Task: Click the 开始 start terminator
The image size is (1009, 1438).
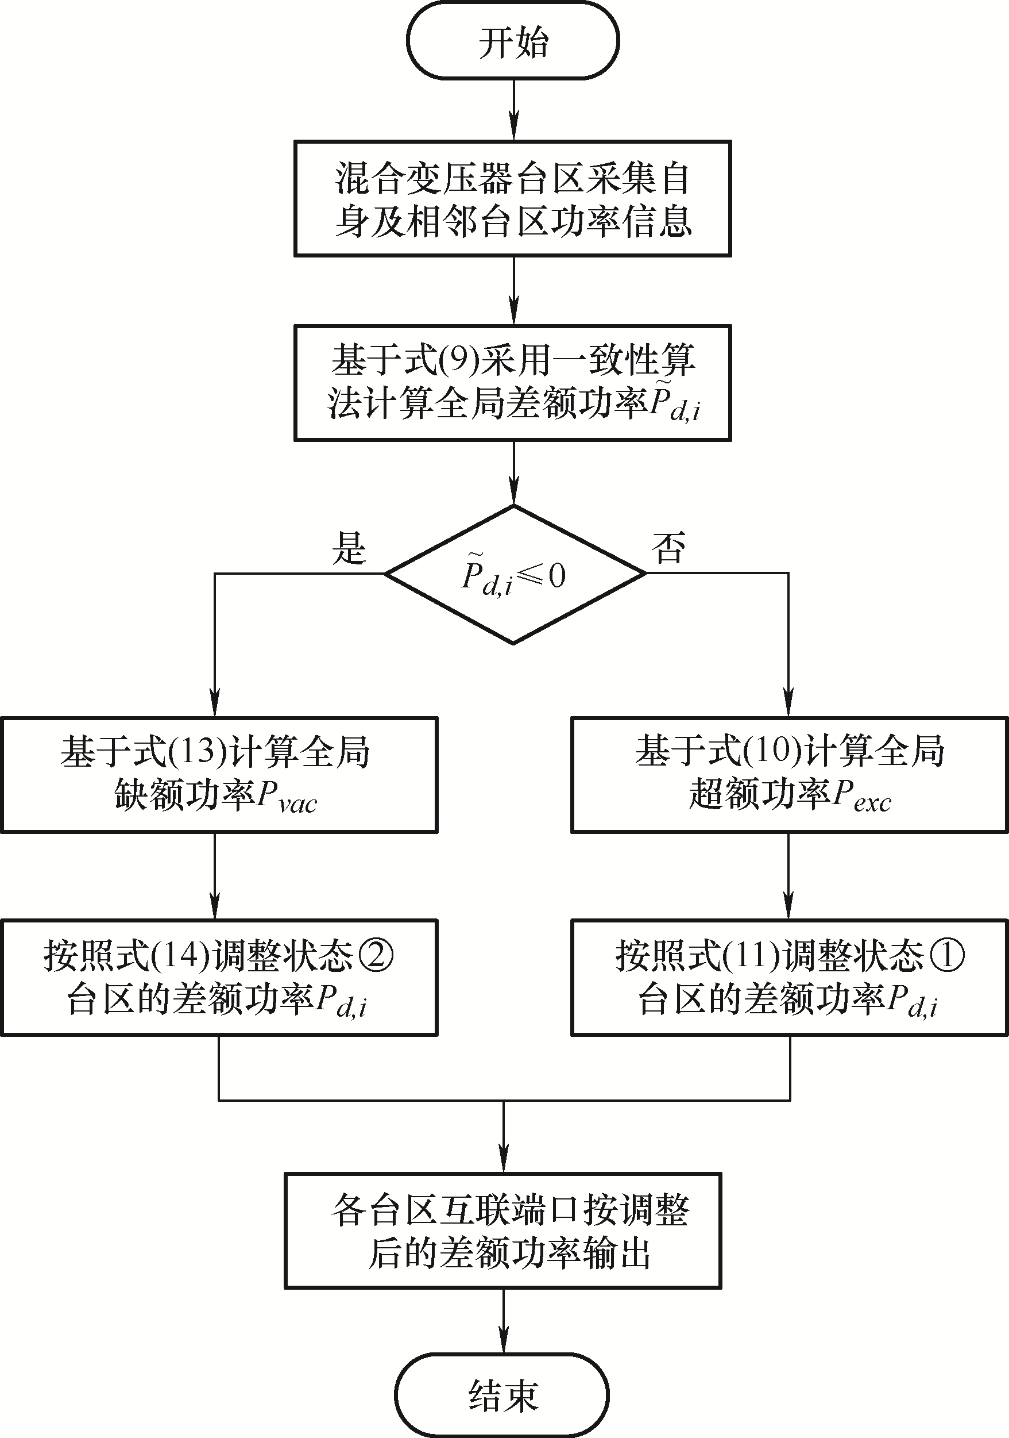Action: [513, 41]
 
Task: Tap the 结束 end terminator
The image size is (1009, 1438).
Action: [502, 1395]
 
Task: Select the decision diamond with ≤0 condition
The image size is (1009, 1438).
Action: [514, 574]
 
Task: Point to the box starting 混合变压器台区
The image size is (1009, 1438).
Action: [513, 198]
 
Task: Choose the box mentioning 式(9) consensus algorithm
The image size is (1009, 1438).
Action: [513, 383]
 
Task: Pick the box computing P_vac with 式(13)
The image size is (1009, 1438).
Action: [218, 775]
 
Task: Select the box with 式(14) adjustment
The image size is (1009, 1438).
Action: [218, 978]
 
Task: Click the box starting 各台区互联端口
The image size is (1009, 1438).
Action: [502, 1231]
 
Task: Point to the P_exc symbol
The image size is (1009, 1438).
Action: [860, 797]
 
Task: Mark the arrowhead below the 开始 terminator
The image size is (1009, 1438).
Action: [513, 128]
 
